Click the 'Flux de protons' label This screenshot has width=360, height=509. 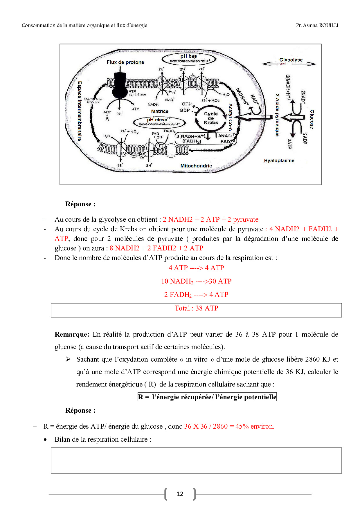pyautogui.click(x=125, y=62)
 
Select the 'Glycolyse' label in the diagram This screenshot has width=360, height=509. pyautogui.click(x=291, y=60)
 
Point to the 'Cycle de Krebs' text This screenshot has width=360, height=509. pyautogui.click(x=211, y=118)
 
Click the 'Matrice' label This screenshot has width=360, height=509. pyautogui.click(x=160, y=111)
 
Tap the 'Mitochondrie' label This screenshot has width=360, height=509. pyautogui.click(x=196, y=166)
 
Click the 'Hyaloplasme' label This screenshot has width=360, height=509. pyautogui.click(x=279, y=160)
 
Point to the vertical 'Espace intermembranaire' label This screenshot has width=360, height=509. pyautogui.click(x=80, y=111)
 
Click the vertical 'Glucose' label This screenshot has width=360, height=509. pyautogui.click(x=312, y=119)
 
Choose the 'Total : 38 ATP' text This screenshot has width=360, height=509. pyautogui.click(x=196, y=308)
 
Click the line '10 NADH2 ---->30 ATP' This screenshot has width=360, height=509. pyautogui.click(x=196, y=281)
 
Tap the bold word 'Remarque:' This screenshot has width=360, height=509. pyautogui.click(x=72, y=334)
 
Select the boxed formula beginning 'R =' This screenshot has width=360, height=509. pyautogui.click(x=207, y=397)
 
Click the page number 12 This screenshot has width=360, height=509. pyautogui.click(x=180, y=494)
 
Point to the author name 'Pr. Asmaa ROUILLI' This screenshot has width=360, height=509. pyautogui.click(x=317, y=25)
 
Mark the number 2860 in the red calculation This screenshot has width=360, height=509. pyautogui.click(x=220, y=426)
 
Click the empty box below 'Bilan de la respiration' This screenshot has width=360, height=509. pyautogui.click(x=196, y=461)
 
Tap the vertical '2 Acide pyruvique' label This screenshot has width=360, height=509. pyautogui.click(x=277, y=115)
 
